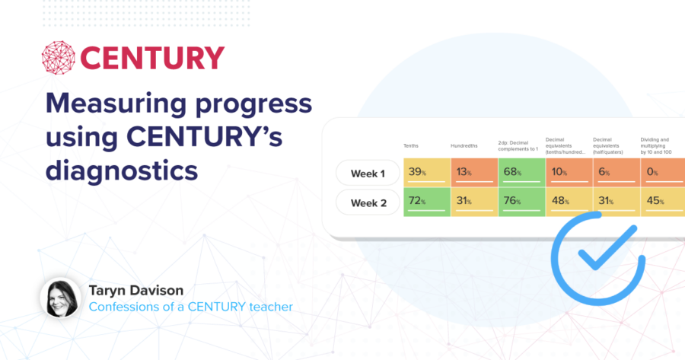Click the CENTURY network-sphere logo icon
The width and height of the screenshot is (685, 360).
(59, 59)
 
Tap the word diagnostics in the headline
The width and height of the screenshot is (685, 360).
(122, 170)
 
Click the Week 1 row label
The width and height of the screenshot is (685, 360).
(368, 174)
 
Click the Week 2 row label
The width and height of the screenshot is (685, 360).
(368, 203)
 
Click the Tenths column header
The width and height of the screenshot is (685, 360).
(412, 145)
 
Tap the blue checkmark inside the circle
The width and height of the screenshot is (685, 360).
(601, 254)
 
